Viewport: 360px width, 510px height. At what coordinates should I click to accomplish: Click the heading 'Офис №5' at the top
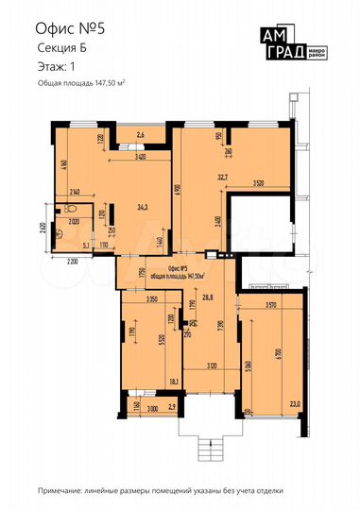click(x=67, y=30)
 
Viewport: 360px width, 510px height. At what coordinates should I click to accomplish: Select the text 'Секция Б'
click(x=60, y=49)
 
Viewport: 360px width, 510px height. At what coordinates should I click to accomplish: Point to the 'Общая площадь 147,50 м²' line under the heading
click(x=82, y=86)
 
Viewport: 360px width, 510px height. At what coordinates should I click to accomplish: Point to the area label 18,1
click(x=174, y=382)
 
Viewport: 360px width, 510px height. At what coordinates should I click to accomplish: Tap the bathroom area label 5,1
click(x=87, y=246)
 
